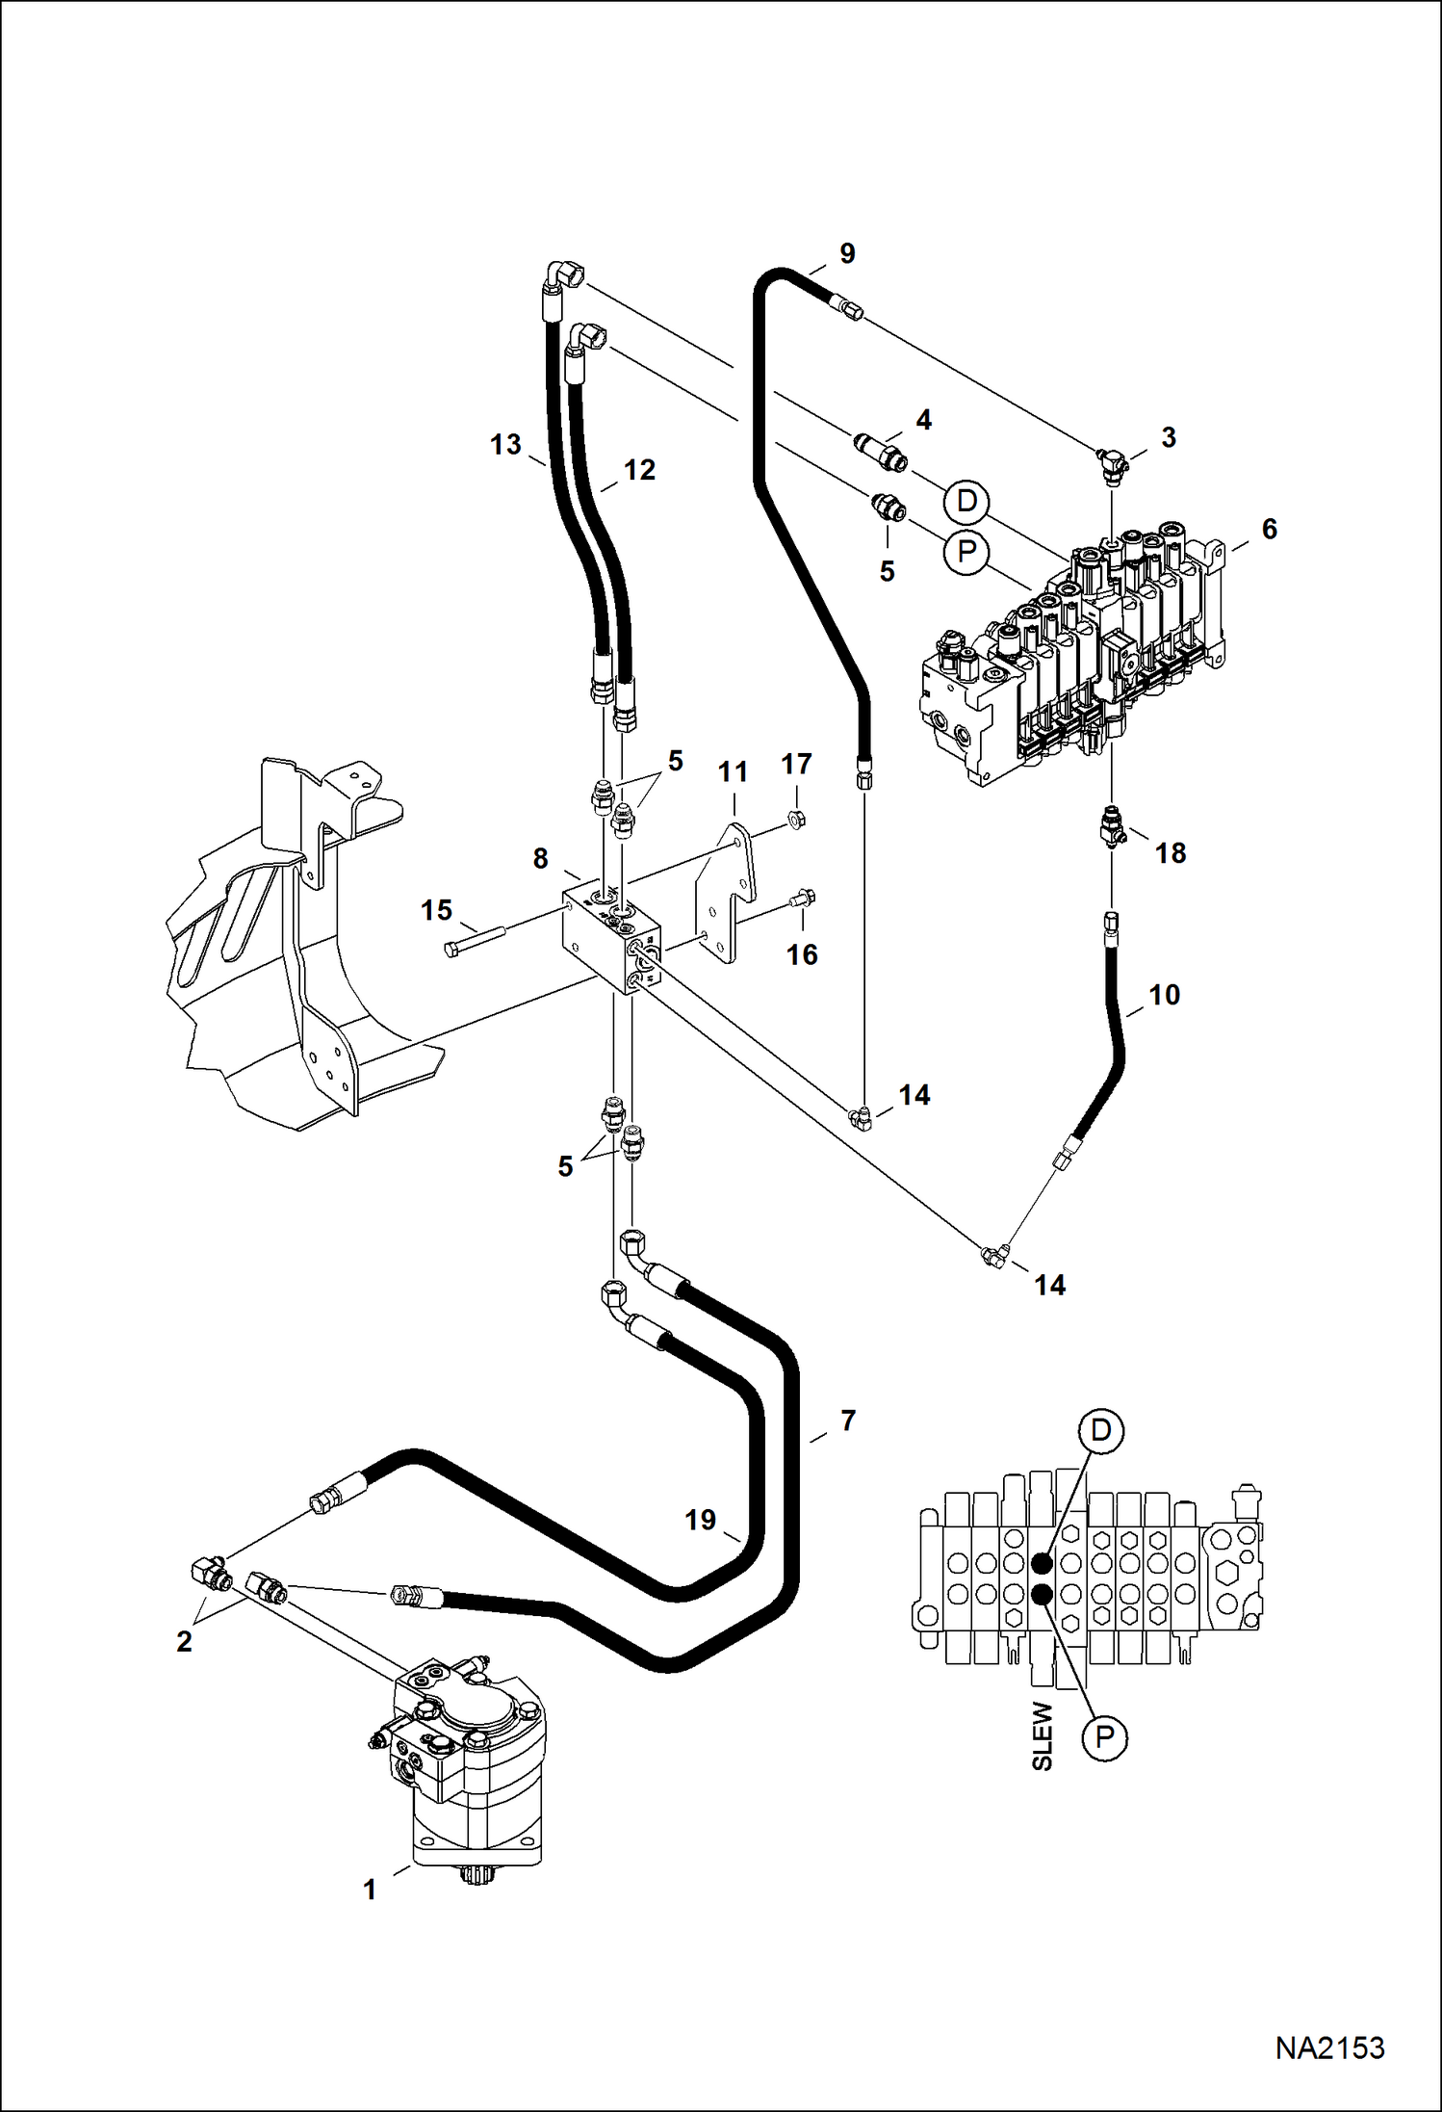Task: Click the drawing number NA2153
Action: pos(1329,2047)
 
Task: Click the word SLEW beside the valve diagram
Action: pos(1043,1735)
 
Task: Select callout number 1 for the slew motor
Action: pos(370,1890)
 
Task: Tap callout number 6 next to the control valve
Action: pos(1270,529)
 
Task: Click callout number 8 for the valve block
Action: pos(541,858)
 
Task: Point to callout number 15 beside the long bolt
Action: pos(436,910)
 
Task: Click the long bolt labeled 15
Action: pos(476,943)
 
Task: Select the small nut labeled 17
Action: pos(796,820)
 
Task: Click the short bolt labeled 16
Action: pos(802,899)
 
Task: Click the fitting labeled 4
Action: pos(881,451)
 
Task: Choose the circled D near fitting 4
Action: pos(966,501)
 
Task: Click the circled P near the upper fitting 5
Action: pos(966,552)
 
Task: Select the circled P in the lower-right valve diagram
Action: pos(1104,1737)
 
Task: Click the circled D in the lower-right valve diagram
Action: pos(1100,1431)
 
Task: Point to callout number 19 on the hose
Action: pos(701,1520)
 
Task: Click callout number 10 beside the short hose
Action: pos(1164,995)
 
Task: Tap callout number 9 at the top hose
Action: pos(846,253)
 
